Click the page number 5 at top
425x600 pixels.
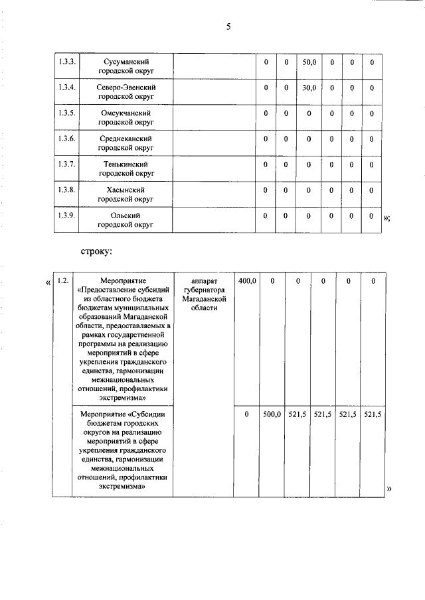click(228, 27)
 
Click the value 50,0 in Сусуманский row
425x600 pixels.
click(309, 62)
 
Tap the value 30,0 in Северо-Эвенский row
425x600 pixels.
click(309, 88)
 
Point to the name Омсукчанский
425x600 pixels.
click(126, 113)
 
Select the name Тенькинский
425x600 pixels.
click(126, 164)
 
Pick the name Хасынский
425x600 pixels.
click(126, 190)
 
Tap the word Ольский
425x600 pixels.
click(126, 216)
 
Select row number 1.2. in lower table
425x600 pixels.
click(63, 281)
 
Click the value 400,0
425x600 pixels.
click(247, 281)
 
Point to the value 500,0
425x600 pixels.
click(272, 414)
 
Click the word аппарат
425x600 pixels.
click(203, 281)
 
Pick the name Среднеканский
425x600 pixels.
click(126, 139)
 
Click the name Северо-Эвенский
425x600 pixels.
click(126, 88)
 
